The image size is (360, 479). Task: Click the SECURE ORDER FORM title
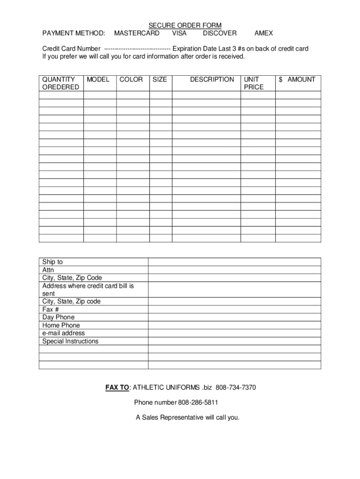(185, 25)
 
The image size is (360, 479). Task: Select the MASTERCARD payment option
(137, 33)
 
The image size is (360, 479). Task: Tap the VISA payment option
(179, 33)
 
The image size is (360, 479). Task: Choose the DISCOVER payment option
(220, 33)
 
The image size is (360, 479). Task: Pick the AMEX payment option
(264, 33)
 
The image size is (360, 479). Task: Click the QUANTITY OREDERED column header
(61, 83)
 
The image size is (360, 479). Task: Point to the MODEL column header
(98, 80)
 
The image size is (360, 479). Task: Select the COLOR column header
(131, 80)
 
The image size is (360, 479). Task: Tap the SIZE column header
(160, 80)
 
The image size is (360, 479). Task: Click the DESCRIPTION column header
(212, 80)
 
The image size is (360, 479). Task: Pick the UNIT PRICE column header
(253, 83)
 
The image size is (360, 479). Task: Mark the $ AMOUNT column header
(297, 80)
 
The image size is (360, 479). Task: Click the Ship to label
(52, 262)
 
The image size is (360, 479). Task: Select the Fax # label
(50, 309)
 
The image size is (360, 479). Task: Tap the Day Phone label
(58, 317)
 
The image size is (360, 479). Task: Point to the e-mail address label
(64, 333)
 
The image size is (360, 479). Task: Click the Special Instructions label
(71, 341)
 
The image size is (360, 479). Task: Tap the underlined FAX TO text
(117, 388)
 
